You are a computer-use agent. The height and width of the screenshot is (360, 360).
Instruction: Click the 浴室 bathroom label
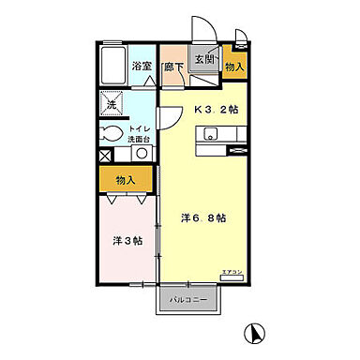[x=142, y=67]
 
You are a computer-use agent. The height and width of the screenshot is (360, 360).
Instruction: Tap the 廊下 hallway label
[x=172, y=67]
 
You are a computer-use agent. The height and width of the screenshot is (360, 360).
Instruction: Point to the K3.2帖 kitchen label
[x=217, y=110]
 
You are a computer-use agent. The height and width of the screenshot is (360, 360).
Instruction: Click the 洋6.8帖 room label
[x=202, y=218]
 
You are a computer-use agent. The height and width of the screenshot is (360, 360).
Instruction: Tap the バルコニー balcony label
[x=188, y=300]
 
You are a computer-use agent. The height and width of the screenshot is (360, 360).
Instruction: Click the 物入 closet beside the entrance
[x=235, y=67]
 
